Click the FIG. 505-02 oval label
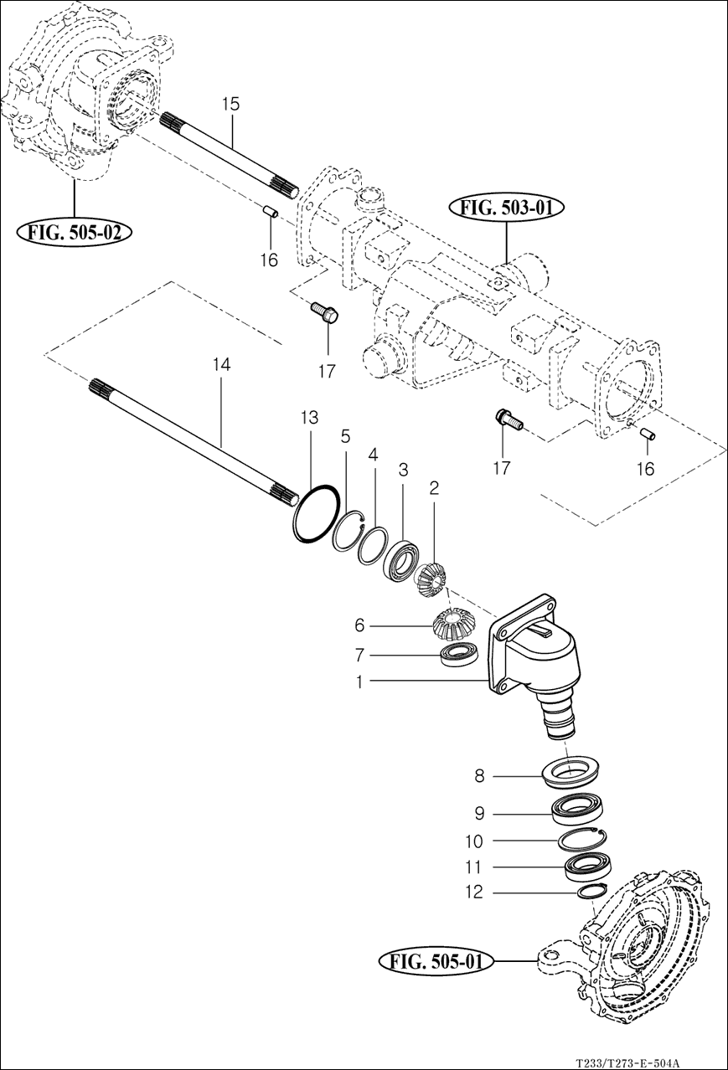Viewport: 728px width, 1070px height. pos(74,232)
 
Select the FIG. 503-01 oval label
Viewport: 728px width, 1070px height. pos(507,208)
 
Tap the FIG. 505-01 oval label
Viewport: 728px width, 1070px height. pos(436,961)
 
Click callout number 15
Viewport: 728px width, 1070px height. pos(230,104)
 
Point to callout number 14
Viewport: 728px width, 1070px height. pos(222,364)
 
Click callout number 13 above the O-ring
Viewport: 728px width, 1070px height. pos(310,418)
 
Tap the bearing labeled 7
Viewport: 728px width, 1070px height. pos(459,656)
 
